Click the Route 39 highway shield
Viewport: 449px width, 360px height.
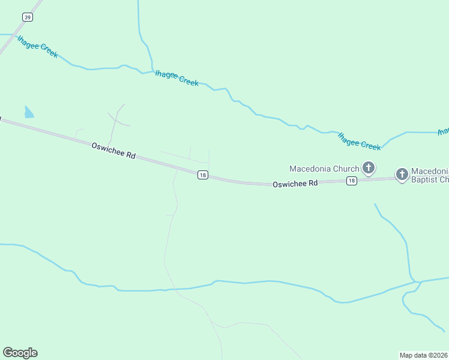click(28, 17)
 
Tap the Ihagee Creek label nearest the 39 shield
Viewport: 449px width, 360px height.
click(38, 47)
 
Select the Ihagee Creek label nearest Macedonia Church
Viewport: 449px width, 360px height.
click(359, 142)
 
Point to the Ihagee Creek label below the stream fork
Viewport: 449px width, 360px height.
click(176, 79)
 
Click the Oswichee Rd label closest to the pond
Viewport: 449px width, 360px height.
click(113, 150)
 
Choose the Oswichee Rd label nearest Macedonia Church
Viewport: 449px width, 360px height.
click(295, 184)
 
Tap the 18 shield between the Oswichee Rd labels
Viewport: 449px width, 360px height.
click(202, 175)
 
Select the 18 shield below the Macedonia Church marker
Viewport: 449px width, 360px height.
click(352, 181)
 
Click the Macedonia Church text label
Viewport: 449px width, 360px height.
click(324, 169)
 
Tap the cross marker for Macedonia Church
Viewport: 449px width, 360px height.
click(369, 168)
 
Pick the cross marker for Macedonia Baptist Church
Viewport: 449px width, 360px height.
click(402, 174)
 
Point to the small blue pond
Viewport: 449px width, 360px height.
click(29, 112)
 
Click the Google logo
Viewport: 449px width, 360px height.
click(20, 353)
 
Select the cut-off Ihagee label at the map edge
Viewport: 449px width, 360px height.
click(444, 131)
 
